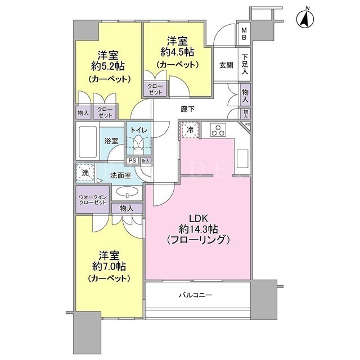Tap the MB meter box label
pos(244,34)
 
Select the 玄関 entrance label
pos(226,65)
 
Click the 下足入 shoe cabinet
pos(245,64)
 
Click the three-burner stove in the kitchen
pos(218,130)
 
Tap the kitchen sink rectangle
pos(242,159)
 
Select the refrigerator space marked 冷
pos(190,130)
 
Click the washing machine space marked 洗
pos(85,173)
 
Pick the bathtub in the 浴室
pos(88,142)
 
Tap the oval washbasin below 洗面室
pos(127,192)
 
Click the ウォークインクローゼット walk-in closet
pos(92,199)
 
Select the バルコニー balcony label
pos(196,295)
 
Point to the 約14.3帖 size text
pos(199,229)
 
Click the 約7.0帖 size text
pos(109,267)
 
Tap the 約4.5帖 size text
pos(177,52)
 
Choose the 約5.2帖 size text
pos(108,66)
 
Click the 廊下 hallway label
pos(187,109)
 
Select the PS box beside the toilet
pos(132,160)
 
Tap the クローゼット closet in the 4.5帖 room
pos(155,89)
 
